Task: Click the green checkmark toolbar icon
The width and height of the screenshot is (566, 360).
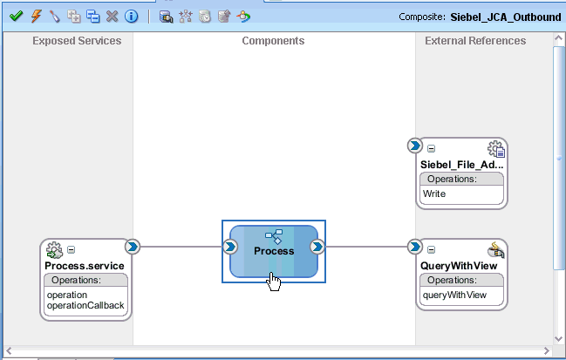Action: click(15, 17)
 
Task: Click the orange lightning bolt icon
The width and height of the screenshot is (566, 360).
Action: click(34, 17)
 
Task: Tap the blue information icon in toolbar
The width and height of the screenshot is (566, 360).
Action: click(131, 17)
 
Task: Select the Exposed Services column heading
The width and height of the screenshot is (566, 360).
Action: click(77, 41)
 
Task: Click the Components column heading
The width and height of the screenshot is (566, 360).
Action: click(273, 41)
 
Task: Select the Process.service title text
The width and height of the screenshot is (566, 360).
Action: click(87, 266)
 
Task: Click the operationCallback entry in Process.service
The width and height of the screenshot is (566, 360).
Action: click(86, 305)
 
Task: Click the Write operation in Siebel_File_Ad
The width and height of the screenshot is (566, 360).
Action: click(434, 194)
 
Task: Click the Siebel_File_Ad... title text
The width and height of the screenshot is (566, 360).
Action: click(461, 165)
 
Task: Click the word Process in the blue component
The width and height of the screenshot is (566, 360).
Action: click(274, 250)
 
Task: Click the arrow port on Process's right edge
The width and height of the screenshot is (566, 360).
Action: click(317, 247)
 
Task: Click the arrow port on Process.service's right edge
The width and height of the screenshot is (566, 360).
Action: click(133, 247)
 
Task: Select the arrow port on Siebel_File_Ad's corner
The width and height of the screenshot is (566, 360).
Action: click(415, 145)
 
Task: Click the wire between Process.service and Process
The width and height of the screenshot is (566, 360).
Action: click(181, 247)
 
